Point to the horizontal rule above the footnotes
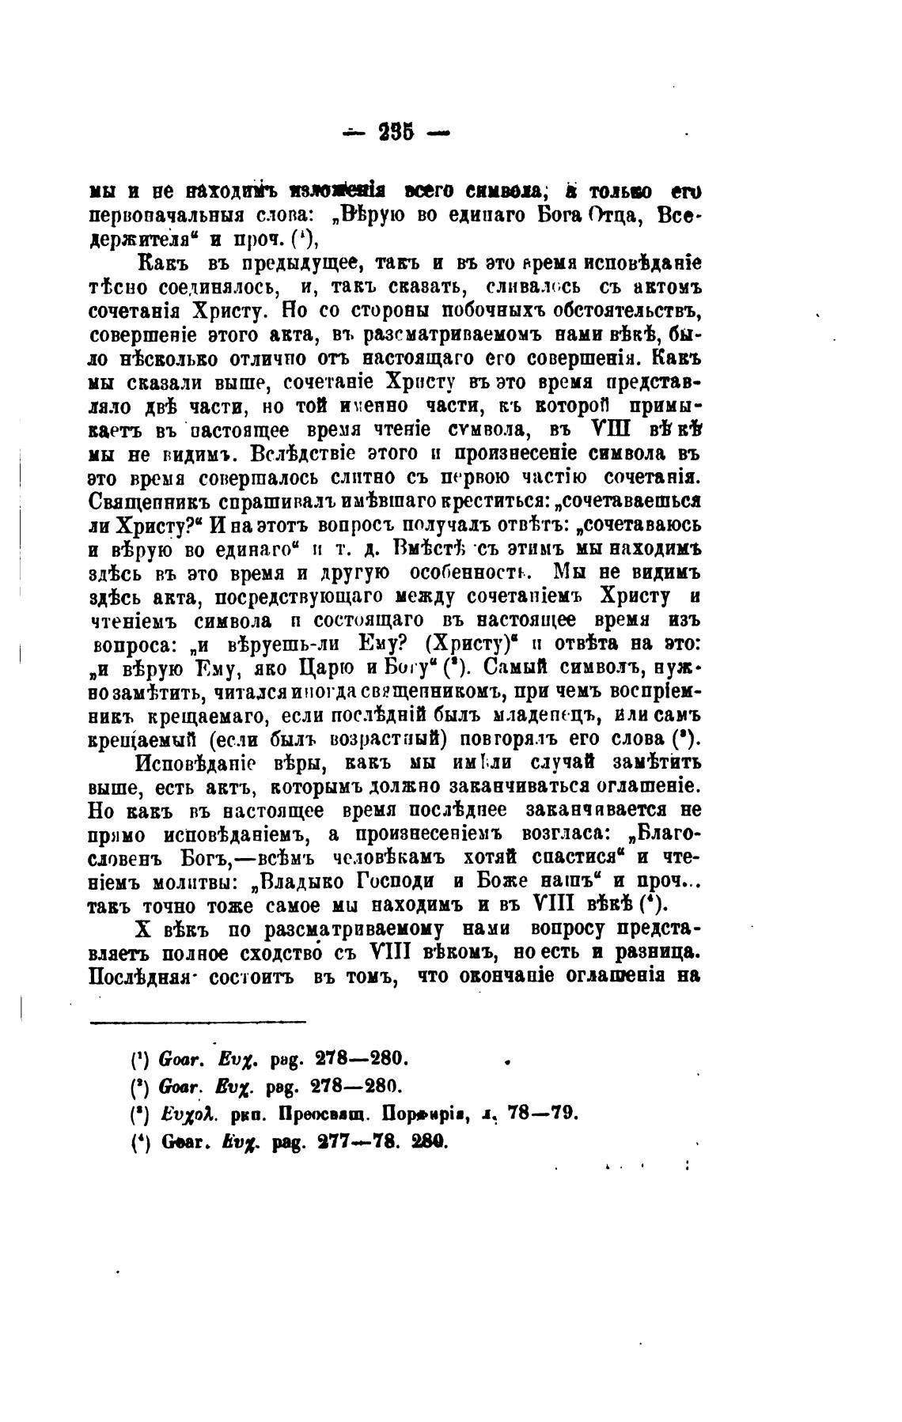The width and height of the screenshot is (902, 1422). pos(198,1022)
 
